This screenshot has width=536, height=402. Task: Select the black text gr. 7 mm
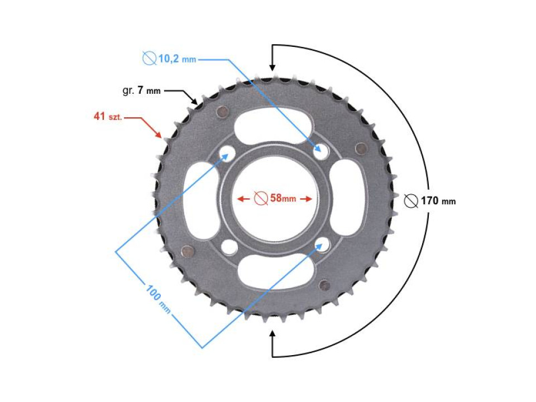(x=141, y=90)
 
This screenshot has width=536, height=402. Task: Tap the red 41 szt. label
(x=108, y=117)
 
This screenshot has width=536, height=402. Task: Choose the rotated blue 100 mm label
(x=158, y=299)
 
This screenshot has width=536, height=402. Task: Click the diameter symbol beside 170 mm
(x=411, y=200)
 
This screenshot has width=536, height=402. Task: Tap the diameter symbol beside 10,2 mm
(x=149, y=58)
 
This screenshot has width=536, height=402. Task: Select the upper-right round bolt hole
(x=321, y=150)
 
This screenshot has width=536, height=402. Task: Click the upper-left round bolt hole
(x=227, y=151)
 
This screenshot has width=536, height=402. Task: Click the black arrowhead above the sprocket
(x=272, y=66)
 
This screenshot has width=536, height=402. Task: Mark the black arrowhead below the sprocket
(x=272, y=335)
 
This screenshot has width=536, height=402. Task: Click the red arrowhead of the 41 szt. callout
(x=160, y=135)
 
